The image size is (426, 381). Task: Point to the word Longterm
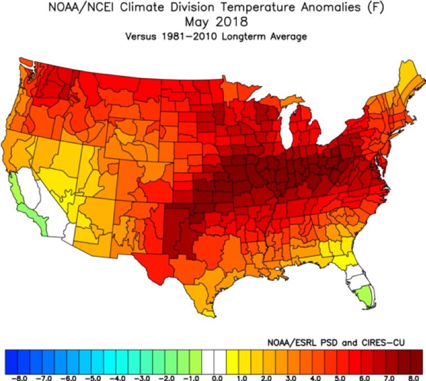(x=243, y=37)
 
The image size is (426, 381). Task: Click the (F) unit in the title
(x=376, y=7)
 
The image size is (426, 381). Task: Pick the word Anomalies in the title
(x=330, y=7)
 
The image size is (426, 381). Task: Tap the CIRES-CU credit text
(x=383, y=343)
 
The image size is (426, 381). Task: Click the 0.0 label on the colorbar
(x=217, y=378)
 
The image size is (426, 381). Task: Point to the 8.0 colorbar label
(x=414, y=378)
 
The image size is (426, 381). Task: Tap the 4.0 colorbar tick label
(x=315, y=378)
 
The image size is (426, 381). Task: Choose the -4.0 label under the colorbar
(x=118, y=378)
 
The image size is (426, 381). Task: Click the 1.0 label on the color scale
(x=242, y=378)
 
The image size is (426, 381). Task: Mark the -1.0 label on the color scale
(x=192, y=378)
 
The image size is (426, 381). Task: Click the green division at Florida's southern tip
(x=365, y=297)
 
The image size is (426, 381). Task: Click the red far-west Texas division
(x=154, y=268)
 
